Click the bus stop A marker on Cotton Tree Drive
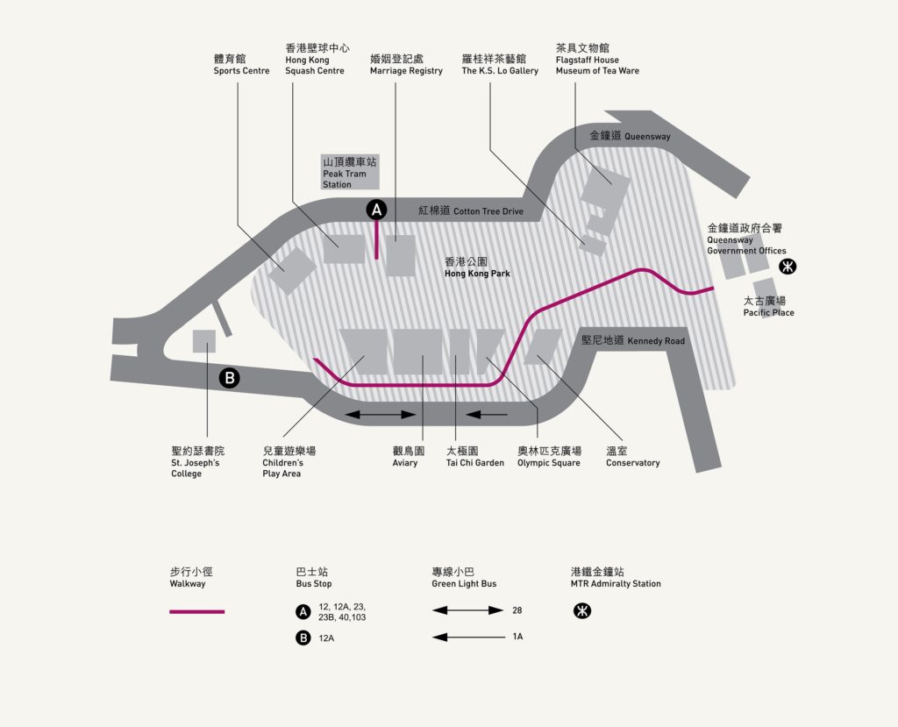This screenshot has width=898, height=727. click(x=376, y=210)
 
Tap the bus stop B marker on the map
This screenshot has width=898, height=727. click(x=230, y=378)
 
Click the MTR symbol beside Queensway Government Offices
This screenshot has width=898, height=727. click(x=788, y=267)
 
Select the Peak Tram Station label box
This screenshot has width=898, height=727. click(x=349, y=172)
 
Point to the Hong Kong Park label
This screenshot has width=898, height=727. click(x=477, y=267)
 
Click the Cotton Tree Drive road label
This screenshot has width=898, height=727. click(x=471, y=210)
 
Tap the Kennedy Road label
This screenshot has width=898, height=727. click(x=633, y=340)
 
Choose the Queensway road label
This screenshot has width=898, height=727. click(x=630, y=136)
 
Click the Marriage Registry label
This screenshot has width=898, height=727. click(x=406, y=64)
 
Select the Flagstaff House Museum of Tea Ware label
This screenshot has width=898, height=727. click(x=597, y=59)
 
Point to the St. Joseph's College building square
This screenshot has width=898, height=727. click(x=203, y=341)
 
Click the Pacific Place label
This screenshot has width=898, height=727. click(x=768, y=306)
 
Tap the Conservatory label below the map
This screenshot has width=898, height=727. click(x=633, y=457)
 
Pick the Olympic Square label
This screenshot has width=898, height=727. click(x=549, y=457)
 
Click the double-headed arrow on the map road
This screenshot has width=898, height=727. click(x=381, y=414)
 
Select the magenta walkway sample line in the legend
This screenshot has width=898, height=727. click(x=197, y=612)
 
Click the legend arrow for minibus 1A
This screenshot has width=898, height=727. click(x=468, y=637)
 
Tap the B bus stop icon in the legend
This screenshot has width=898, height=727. click(x=303, y=638)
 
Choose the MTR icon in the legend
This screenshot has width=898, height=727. click(x=582, y=610)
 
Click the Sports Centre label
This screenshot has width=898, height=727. click(x=241, y=64)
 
